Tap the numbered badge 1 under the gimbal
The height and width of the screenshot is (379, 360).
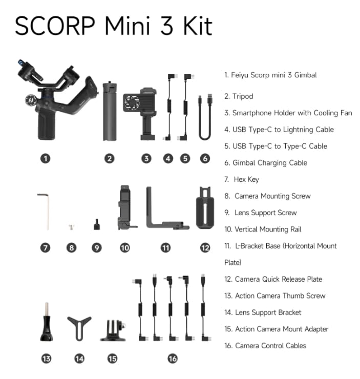pos(46,159)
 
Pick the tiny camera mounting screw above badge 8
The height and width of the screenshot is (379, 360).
pos(71,225)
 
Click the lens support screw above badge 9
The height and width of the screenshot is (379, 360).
pos(96,224)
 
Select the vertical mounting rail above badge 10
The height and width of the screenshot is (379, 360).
pos(125,207)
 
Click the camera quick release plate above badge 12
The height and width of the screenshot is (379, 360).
pos(205,208)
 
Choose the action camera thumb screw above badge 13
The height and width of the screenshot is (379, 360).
pos(46,323)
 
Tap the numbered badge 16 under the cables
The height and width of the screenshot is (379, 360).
pos(173,359)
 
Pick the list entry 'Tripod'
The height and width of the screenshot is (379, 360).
pos(243,96)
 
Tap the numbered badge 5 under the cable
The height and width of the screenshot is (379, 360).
pos(185,159)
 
